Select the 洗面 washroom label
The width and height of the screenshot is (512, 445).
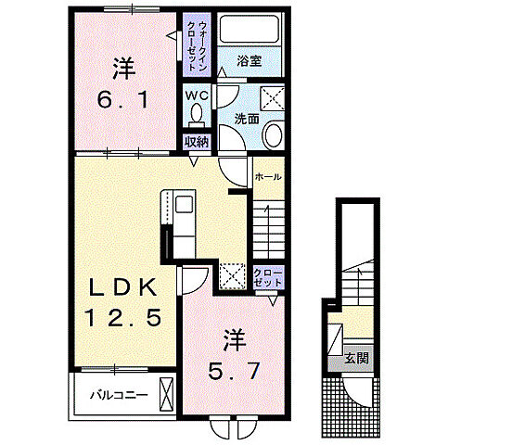[246, 119]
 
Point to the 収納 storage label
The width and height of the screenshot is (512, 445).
[196, 141]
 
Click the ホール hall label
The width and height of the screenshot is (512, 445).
[267, 175]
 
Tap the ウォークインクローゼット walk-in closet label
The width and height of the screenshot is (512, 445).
[198, 45]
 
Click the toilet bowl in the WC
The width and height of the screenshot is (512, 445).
[196, 114]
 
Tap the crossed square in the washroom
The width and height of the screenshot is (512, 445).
[271, 96]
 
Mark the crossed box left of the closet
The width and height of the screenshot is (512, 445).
[232, 274]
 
